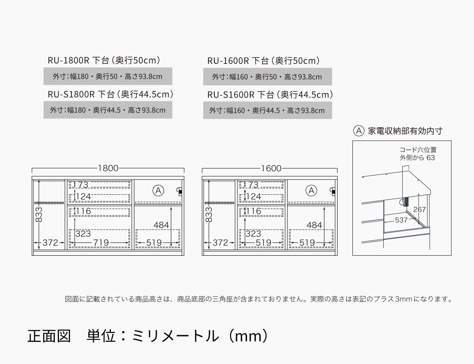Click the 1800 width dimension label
click(x=108, y=168)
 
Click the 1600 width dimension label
click(x=271, y=168)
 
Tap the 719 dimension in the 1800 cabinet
click(x=101, y=243)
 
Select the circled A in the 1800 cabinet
click(x=158, y=191)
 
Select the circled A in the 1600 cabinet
click(x=311, y=191)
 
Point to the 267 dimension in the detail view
click(x=419, y=209)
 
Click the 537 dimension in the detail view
click(x=401, y=220)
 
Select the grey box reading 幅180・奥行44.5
click(x=108, y=110)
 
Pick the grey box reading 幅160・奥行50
click(x=268, y=77)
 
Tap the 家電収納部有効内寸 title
click(x=405, y=131)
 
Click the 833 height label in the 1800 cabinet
click(x=39, y=215)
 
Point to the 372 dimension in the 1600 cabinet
click(x=220, y=243)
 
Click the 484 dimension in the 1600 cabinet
click(x=314, y=225)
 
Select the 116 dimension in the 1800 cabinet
click(x=83, y=211)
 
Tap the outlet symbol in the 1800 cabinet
click(x=179, y=191)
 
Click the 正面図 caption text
click(x=49, y=336)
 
